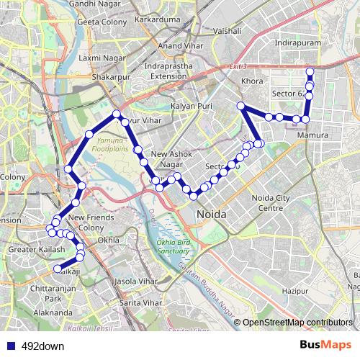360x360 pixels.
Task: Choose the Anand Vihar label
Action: [x=180, y=46]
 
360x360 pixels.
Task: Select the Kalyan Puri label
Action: [x=189, y=106]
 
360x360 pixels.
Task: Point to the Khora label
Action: [x=253, y=81]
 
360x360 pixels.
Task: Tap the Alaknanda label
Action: [x=53, y=313]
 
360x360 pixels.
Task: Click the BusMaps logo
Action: [x=325, y=345]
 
